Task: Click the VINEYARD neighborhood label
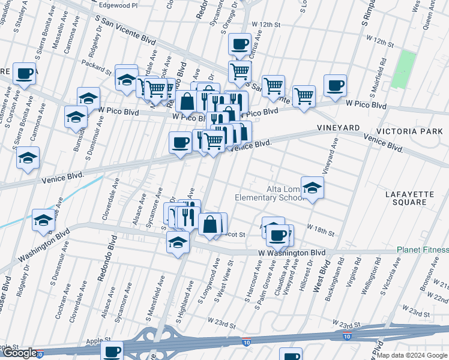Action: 338,128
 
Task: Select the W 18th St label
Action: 320,229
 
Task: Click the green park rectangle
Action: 406,70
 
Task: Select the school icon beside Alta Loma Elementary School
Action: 312,188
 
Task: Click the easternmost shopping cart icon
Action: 304,95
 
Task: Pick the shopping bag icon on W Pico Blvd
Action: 187,101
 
